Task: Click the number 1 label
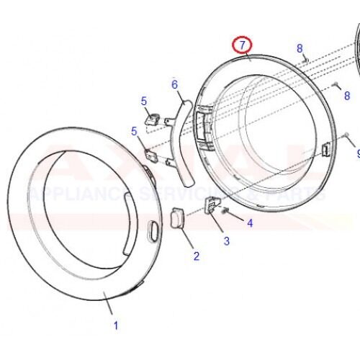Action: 115,325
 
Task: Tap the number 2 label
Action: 195,256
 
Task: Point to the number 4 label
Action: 250,223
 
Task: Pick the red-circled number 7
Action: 243,45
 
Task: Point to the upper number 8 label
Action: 300,48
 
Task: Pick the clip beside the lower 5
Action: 150,153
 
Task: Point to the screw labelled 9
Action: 347,135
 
